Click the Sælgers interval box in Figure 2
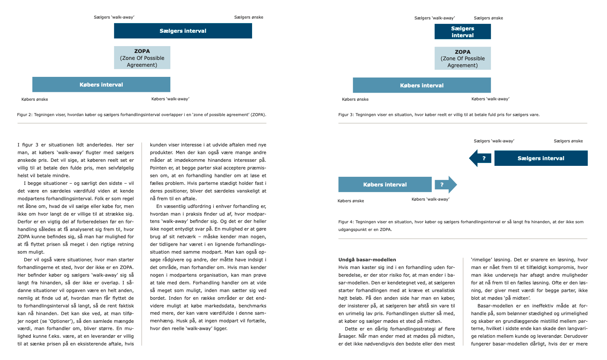[183, 31]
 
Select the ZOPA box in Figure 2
[142, 58]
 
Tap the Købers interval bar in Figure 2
[101, 85]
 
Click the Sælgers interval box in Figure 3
[463, 32]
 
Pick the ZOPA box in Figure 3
[463, 59]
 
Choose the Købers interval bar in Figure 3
[422, 85]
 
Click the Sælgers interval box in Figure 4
[541, 158]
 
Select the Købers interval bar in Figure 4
[385, 184]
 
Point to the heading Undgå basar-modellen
[367, 260]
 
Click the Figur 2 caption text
[142, 114]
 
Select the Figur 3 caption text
[439, 114]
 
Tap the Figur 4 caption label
[346, 222]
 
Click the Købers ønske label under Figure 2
[35, 99]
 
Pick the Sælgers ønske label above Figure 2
[248, 17]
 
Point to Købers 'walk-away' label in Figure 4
[430, 199]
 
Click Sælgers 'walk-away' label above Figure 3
[435, 18]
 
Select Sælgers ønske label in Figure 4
[568, 141]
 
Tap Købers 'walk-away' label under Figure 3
[490, 99]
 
